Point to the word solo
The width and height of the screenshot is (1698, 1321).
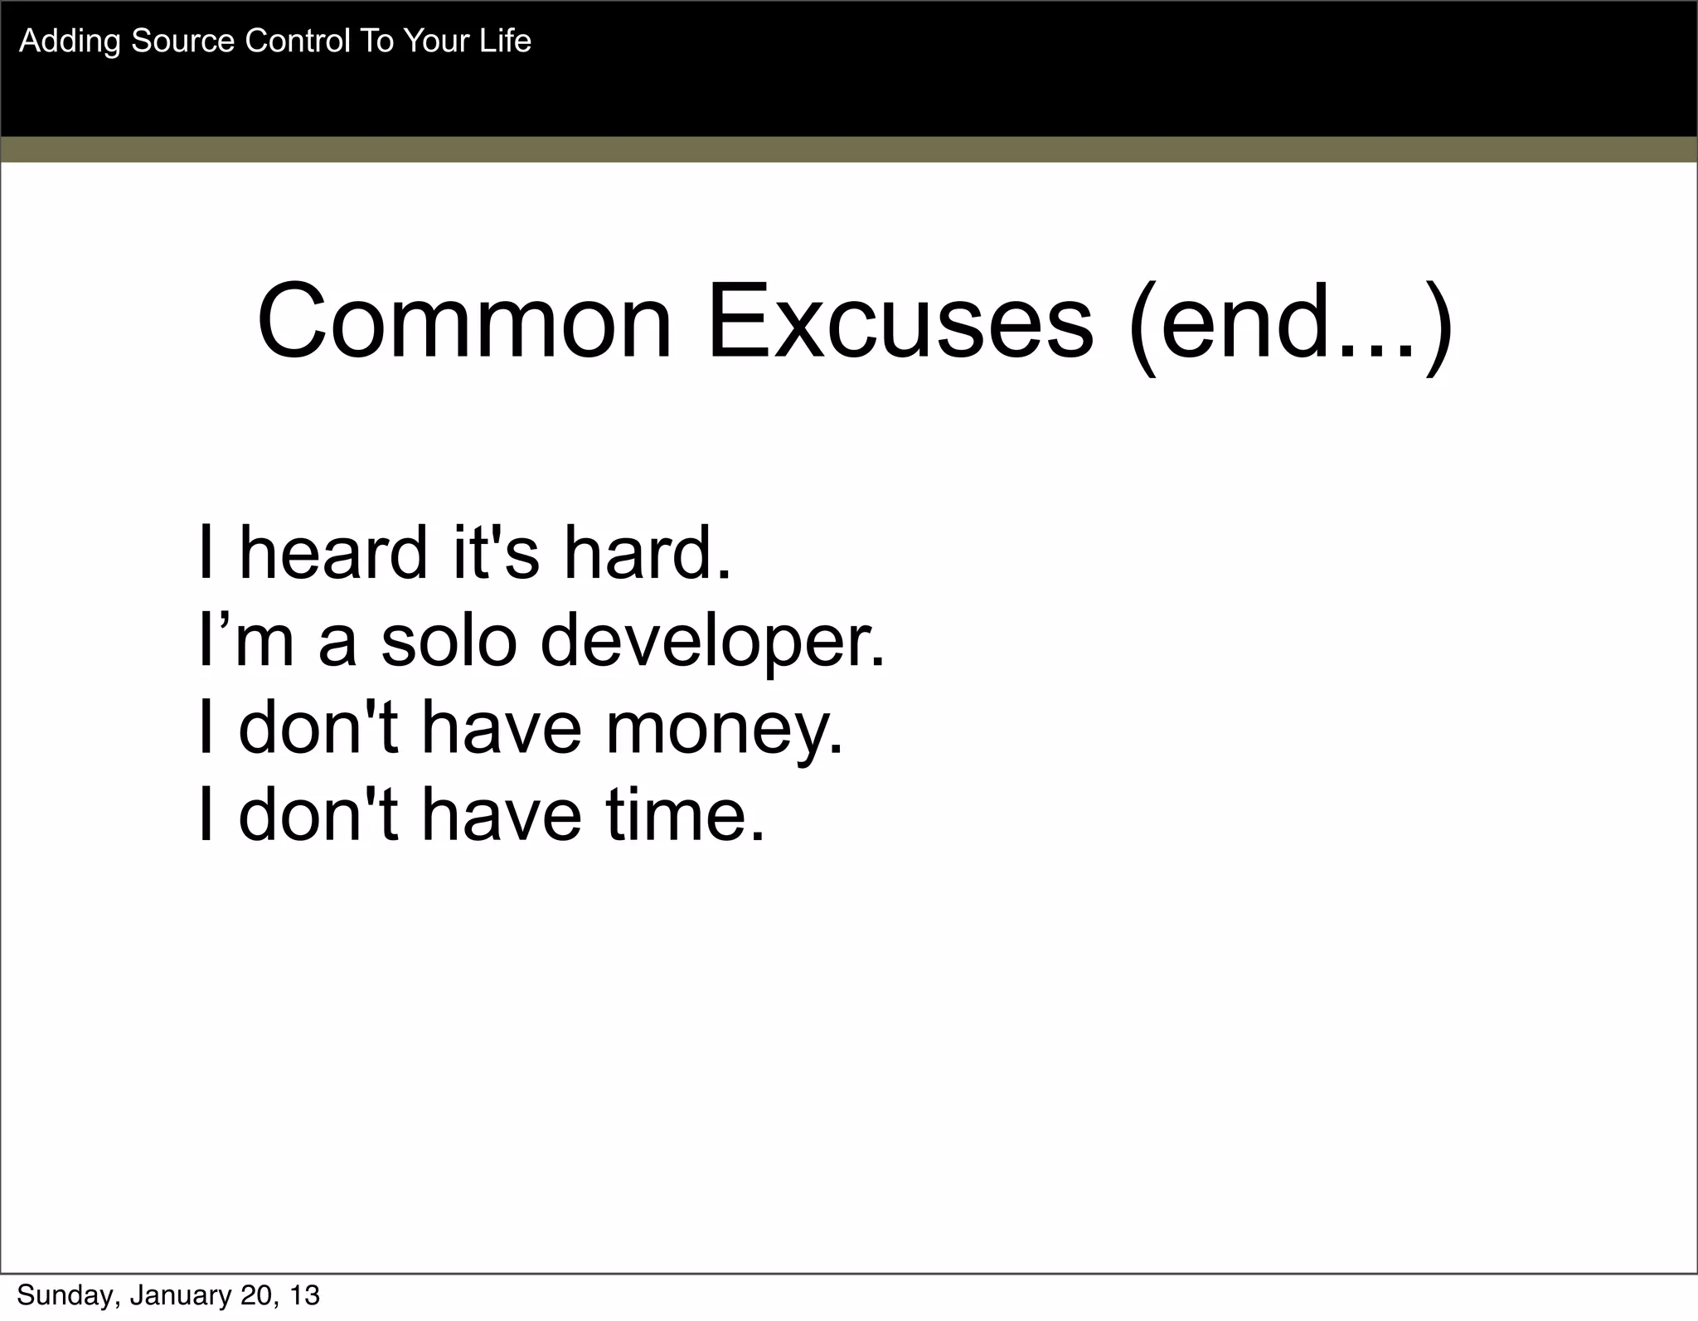pos(449,641)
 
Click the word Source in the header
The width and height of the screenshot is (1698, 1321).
pos(182,41)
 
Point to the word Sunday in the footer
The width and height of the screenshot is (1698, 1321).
pos(67,1295)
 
